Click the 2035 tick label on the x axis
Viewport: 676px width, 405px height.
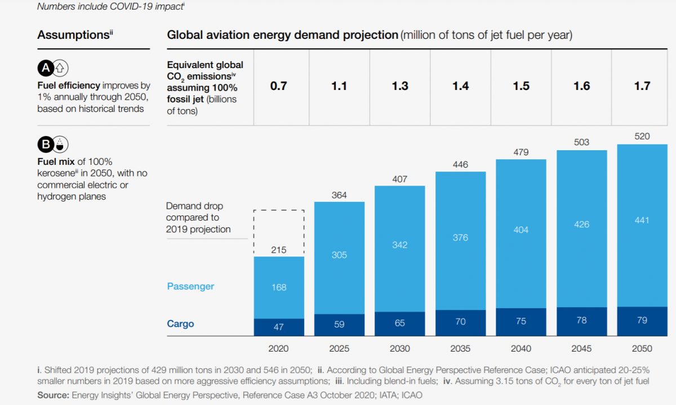pos(460,348)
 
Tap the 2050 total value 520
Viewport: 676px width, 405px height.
pos(642,136)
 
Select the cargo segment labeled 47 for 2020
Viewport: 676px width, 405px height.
pos(279,327)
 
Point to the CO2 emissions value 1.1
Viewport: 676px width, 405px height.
pos(339,86)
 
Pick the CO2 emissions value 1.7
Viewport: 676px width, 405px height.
pos(642,86)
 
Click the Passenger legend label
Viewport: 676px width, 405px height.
pos(190,286)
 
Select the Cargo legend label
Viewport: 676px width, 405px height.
pos(180,323)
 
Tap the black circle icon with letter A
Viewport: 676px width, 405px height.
pos(45,69)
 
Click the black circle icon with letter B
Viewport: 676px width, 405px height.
pos(45,145)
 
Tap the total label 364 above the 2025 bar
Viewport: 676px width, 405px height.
pos(339,195)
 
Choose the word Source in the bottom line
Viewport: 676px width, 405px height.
pos(52,395)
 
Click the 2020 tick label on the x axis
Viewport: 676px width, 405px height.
pos(279,348)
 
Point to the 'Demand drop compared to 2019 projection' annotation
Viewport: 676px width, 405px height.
pos(198,218)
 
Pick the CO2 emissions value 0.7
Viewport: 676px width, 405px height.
pos(279,86)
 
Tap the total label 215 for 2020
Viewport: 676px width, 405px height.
pos(279,250)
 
